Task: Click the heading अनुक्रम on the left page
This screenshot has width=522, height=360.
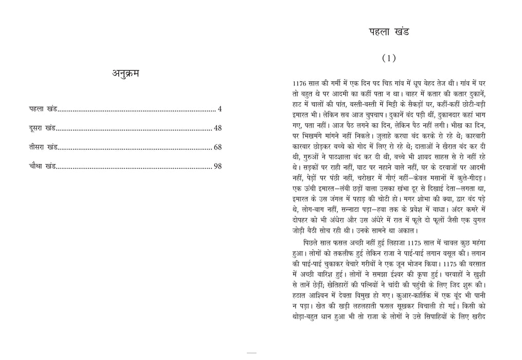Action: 125,73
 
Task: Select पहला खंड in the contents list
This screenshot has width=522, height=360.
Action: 43,109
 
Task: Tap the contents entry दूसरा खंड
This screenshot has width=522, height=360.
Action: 43,128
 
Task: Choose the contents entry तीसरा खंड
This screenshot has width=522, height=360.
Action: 43,147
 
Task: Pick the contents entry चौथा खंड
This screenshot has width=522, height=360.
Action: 43,166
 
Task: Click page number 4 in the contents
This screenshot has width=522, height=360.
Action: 220,109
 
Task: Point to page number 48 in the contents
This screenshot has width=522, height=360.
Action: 218,128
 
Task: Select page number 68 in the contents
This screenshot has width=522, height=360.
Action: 218,147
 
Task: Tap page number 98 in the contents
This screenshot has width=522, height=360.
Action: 218,166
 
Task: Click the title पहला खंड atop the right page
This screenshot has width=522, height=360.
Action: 389,32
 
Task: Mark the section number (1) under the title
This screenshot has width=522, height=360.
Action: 389,58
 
